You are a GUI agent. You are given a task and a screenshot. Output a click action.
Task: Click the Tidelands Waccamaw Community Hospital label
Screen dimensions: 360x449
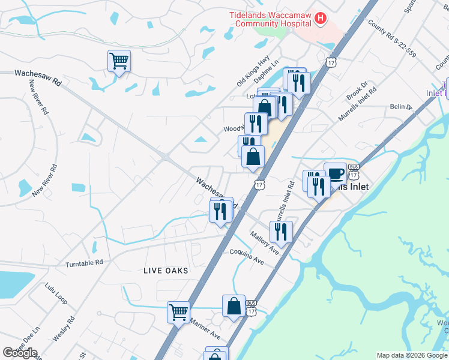270,19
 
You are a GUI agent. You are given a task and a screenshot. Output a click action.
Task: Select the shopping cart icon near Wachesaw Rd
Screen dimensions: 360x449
119,60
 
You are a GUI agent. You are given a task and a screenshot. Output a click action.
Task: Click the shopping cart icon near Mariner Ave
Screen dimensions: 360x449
178,311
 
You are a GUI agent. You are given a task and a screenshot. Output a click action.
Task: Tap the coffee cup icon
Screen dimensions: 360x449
335,173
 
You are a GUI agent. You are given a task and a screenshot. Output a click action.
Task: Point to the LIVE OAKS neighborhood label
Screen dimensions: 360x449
166,271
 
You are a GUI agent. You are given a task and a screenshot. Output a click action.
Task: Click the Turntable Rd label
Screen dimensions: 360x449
85,263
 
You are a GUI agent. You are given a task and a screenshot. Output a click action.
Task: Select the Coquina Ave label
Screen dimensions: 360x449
247,257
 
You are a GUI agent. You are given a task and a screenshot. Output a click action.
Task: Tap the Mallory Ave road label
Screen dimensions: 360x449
265,243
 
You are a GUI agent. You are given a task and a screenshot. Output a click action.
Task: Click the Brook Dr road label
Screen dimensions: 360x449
355,92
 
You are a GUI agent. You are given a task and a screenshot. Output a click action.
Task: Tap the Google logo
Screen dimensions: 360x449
20,353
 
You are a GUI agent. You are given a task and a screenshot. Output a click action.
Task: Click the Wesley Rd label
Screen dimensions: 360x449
63,329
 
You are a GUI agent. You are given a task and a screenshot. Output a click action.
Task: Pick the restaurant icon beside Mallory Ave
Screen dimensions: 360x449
281,231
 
